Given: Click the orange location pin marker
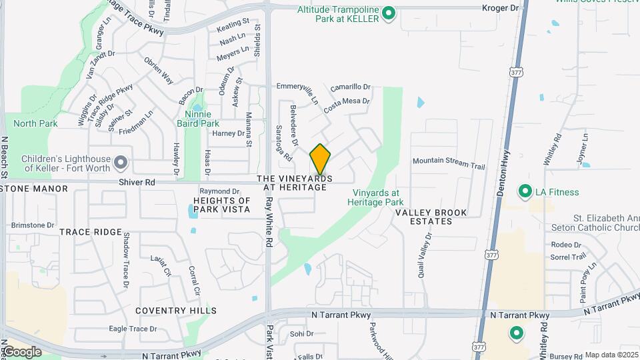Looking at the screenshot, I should tap(320, 159).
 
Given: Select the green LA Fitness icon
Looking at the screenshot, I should tap(525, 192).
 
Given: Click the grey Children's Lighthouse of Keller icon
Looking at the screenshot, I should tap(121, 163).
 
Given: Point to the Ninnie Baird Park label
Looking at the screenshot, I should tap(197, 119).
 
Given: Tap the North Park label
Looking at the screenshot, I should tap(35, 123).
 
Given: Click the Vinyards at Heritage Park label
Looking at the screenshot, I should tap(378, 197).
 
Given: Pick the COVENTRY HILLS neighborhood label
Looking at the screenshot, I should tap(176, 311).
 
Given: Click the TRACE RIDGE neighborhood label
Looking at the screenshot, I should tap(91, 232).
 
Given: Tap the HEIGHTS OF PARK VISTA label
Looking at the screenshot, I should tap(221, 205).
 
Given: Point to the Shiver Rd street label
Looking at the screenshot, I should tap(137, 182).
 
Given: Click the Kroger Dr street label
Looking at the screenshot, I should tap(500, 8).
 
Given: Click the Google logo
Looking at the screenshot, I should tap(21, 352).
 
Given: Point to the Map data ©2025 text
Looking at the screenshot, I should tap(611, 355).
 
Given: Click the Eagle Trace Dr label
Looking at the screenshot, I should tap(133, 329).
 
